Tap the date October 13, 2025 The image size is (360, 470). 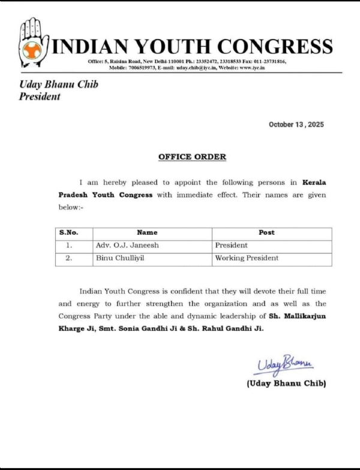pyautogui.click(x=296, y=124)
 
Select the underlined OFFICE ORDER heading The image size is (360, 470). pyautogui.click(x=192, y=157)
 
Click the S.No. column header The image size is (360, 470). pyautogui.click(x=68, y=232)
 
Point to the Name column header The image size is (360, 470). pyautogui.click(x=147, y=232)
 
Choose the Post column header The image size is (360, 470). pyautogui.click(x=266, y=232)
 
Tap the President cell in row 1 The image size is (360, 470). pyautogui.click(x=230, y=245)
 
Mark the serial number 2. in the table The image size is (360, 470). pyautogui.click(x=69, y=258)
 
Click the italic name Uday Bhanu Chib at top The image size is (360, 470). pyautogui.click(x=58, y=85)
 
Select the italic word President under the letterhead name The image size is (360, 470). pyautogui.click(x=40, y=96)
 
